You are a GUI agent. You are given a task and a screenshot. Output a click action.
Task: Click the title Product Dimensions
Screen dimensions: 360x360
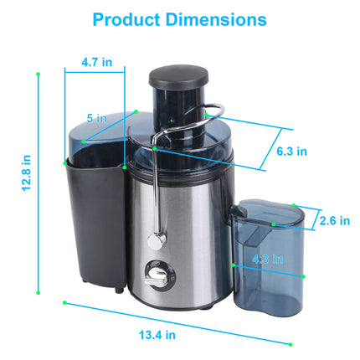pyautogui.click(x=179, y=19)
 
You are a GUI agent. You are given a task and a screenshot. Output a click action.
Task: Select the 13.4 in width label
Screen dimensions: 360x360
pyautogui.click(x=157, y=334)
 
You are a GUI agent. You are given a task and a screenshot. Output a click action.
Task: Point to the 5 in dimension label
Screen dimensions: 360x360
pyautogui.click(x=98, y=119)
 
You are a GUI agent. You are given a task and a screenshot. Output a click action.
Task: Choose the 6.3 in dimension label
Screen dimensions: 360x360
pyautogui.click(x=291, y=152)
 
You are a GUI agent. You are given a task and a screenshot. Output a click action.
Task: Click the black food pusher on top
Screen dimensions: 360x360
pyautogui.click(x=174, y=78)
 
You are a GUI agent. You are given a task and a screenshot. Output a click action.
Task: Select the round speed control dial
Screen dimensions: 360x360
pyautogui.click(x=155, y=272)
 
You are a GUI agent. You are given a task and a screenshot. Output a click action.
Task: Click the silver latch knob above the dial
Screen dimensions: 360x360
pyautogui.click(x=154, y=240)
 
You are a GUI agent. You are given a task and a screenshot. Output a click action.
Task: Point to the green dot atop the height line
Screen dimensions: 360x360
pyautogui.click(x=39, y=74)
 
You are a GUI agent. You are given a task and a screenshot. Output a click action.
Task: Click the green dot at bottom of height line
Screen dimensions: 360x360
pyautogui.click(x=39, y=294)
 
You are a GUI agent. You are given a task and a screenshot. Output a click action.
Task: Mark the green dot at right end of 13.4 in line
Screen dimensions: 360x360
pyautogui.click(x=291, y=344)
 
